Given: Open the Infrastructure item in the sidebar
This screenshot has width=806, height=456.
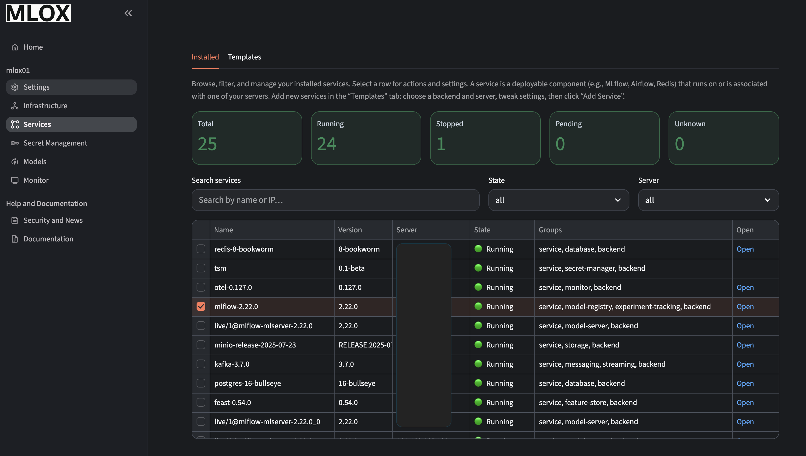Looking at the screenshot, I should [45, 106].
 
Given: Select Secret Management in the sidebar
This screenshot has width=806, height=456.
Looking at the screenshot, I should [55, 143].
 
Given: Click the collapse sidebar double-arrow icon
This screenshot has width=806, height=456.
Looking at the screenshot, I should [128, 13].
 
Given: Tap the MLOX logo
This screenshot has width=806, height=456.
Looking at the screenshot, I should [39, 13].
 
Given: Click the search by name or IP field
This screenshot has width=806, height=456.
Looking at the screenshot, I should [335, 200].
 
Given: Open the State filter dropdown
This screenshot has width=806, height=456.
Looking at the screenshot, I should [558, 200].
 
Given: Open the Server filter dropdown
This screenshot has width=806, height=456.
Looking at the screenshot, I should [708, 200].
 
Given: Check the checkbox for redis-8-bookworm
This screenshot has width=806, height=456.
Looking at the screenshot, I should [201, 249].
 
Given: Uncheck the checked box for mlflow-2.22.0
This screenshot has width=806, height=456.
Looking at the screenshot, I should [201, 306].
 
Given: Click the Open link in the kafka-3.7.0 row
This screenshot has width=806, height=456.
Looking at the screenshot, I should [745, 364].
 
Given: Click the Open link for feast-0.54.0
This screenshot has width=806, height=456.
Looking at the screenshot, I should [745, 403].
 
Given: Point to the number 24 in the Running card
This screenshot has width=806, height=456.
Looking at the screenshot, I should [326, 144].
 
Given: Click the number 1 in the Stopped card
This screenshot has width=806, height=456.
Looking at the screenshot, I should [441, 144].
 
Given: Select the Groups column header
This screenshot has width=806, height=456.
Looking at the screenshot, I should [550, 230].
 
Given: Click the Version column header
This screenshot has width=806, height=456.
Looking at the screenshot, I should [350, 230].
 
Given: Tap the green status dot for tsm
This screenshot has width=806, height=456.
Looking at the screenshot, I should [478, 268].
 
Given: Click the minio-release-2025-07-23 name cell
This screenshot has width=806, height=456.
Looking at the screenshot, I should [255, 345].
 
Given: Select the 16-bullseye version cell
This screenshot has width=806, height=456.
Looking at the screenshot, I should [357, 383].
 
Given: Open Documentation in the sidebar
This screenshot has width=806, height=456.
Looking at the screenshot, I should [48, 239].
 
